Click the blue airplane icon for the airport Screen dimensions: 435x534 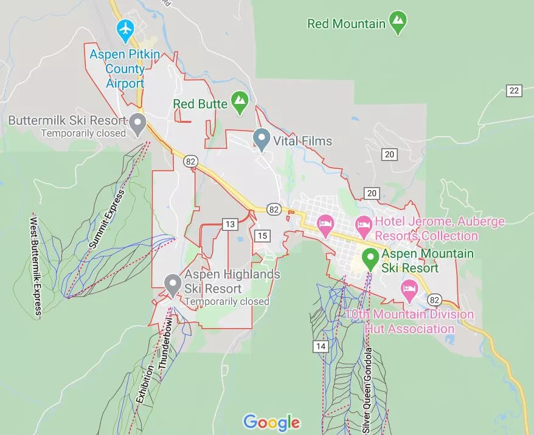pyautogui.click(x=125, y=29)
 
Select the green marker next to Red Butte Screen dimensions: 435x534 pyautogui.click(x=240, y=101)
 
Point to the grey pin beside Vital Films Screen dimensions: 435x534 pyautogui.click(x=262, y=139)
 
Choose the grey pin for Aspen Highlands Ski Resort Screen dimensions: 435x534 pyautogui.click(x=173, y=284)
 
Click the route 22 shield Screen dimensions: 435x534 pyautogui.click(x=514, y=91)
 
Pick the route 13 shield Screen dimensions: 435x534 pyautogui.click(x=229, y=225)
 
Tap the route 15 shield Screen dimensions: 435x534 pyautogui.click(x=262, y=236)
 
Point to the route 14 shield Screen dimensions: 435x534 pyautogui.click(x=321, y=346)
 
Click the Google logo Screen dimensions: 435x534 pyautogui.click(x=271, y=422)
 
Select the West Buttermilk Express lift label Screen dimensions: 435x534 pyautogui.click(x=35, y=265)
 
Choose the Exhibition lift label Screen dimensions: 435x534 pyautogui.click(x=145, y=380)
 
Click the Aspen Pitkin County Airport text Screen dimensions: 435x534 pyautogui.click(x=125, y=69)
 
